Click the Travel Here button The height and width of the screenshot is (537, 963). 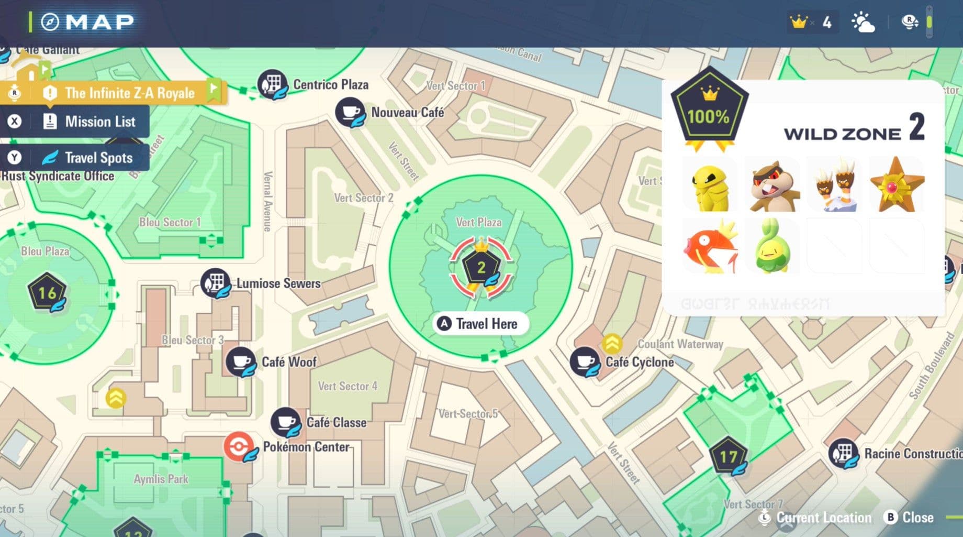[480, 324]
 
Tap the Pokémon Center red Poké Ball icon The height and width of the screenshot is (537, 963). [239, 447]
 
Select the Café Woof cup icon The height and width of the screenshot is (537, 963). [240, 361]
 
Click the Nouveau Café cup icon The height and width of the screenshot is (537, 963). [350, 112]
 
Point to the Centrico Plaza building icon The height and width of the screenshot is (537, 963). [272, 84]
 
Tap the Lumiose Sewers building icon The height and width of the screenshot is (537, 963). [215, 283]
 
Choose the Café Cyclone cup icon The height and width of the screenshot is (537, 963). [584, 361]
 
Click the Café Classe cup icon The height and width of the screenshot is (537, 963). [285, 422]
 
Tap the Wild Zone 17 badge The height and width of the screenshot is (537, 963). [727, 457]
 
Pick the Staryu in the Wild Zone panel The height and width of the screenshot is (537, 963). [896, 185]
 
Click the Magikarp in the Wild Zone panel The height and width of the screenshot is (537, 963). [710, 247]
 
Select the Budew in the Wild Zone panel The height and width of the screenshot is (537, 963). [772, 247]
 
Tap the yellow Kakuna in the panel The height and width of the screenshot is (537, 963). [710, 185]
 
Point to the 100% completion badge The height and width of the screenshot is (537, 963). [709, 111]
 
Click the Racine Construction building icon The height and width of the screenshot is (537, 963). [843, 453]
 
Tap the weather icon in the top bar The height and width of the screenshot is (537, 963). [863, 23]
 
